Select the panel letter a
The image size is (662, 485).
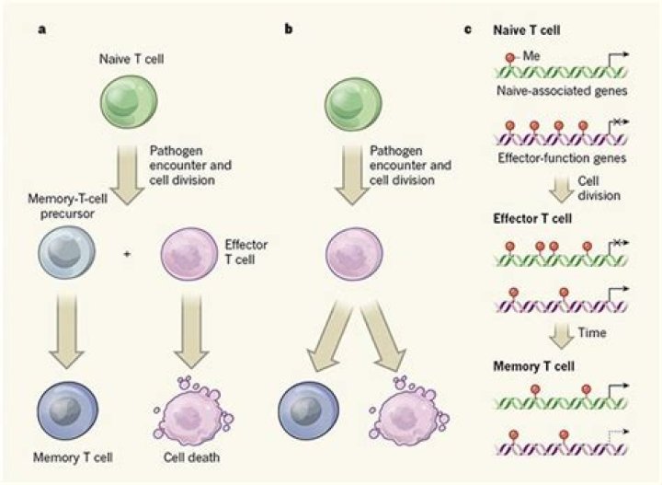click(41, 29)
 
